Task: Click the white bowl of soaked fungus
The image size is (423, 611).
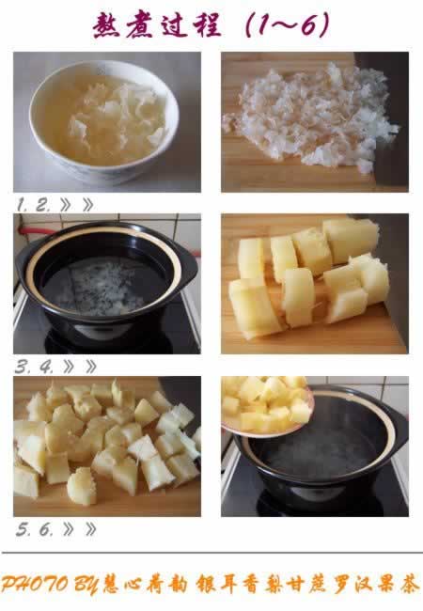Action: point(104,121)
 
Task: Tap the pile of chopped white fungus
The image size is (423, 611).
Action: point(310,117)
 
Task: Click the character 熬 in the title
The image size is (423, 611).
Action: point(107,25)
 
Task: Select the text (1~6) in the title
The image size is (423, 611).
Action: point(288,24)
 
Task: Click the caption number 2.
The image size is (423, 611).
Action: point(43,204)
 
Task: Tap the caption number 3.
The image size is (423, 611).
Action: point(23,367)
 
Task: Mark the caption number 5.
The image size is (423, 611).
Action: point(23,529)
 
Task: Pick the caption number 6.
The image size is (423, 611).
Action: point(45,529)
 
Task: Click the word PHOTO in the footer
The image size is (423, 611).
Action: point(35,584)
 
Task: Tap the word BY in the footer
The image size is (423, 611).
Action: point(86,586)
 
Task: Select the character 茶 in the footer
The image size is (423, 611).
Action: point(409,585)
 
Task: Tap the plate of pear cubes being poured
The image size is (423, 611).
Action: point(267,406)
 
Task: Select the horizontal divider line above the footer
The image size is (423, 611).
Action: point(212,553)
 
